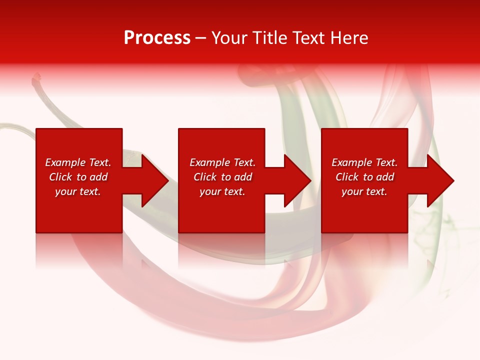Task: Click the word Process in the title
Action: pos(157,38)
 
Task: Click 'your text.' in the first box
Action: pos(78,191)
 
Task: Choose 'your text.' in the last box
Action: pos(364,191)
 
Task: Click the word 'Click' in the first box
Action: pos(60,177)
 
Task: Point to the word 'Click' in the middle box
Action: pos(205,177)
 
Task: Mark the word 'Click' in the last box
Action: pos(347,177)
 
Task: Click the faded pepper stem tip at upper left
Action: pos(36,77)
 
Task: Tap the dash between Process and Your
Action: pos(201,38)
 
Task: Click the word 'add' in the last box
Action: pos(385,177)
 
